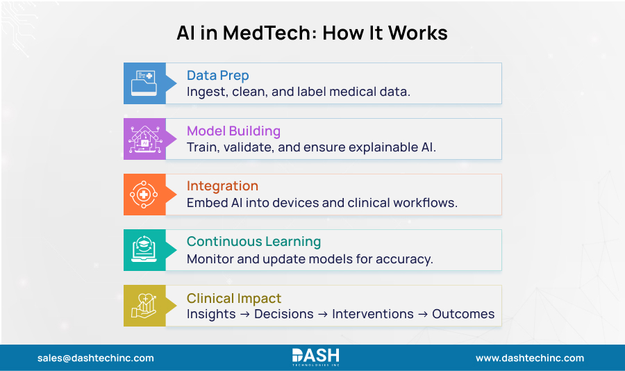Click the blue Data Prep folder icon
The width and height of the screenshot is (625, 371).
coord(144,83)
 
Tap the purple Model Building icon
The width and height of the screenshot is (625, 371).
coord(144,139)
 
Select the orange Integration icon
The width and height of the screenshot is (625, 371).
coord(144,195)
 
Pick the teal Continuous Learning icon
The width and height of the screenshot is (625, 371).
coord(144,250)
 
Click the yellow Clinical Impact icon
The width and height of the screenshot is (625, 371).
coord(144,306)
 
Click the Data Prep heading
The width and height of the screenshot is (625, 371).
coord(217,76)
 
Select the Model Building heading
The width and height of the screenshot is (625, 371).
coord(233,131)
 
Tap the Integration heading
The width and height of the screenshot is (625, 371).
coord(222,186)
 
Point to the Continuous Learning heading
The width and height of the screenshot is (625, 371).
coord(253,242)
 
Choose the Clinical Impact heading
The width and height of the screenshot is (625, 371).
coord(234,298)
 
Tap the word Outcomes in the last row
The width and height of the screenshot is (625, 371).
coord(463,314)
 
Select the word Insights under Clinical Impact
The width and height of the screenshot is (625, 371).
coord(211,314)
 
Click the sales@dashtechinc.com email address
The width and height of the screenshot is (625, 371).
coord(96,358)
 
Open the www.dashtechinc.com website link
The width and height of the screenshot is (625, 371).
coord(530,358)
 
